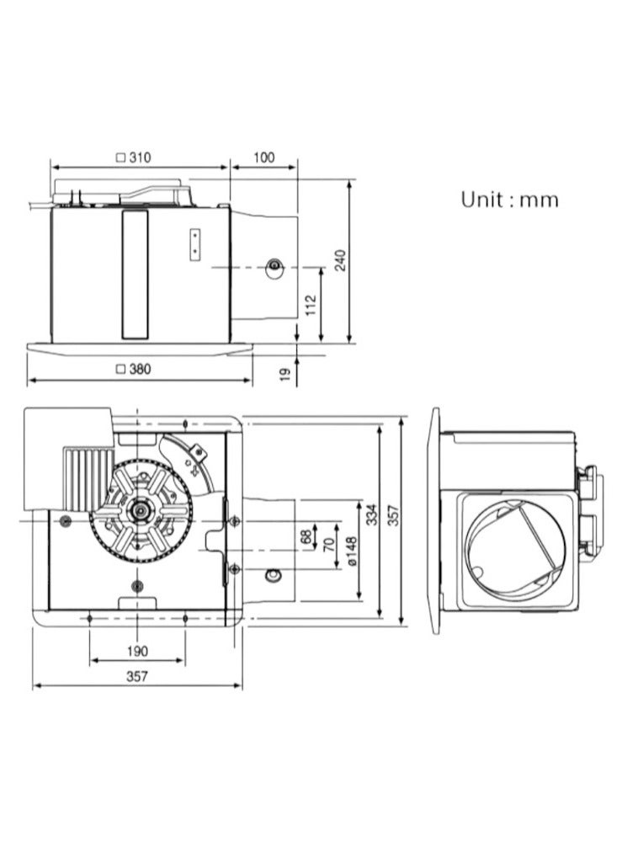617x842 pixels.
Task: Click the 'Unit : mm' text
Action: point(509,200)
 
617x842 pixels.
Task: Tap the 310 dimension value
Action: point(140,157)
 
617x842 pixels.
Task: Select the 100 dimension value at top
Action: point(263,157)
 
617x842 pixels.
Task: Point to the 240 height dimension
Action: point(341,260)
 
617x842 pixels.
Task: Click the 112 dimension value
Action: point(311,305)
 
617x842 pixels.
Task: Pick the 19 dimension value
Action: point(285,373)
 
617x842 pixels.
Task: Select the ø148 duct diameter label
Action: point(352,551)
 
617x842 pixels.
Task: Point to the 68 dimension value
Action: point(306,537)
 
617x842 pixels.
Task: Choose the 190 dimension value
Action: point(137,652)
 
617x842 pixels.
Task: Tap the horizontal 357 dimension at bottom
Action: point(137,676)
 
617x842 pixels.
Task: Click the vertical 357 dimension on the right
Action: point(394,515)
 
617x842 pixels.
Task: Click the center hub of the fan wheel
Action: point(141,509)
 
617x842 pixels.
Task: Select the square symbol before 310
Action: point(121,158)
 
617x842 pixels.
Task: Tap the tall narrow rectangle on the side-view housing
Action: point(134,274)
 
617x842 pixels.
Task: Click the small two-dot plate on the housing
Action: point(195,244)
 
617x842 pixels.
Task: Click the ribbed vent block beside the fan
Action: point(86,478)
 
